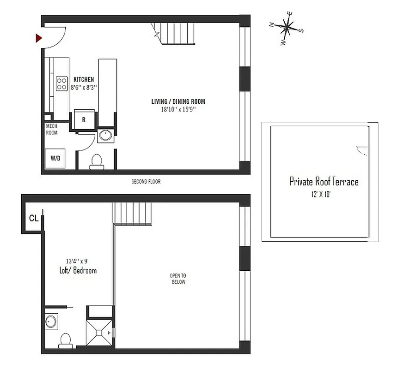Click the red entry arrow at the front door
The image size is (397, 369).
click(39, 38)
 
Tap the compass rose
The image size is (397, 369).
click(287, 28)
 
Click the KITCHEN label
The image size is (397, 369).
click(83, 79)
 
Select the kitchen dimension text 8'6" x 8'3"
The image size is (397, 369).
click(83, 87)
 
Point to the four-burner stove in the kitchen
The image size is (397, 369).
click(62, 83)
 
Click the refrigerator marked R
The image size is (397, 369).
click(84, 119)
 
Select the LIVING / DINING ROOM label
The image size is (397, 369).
click(178, 101)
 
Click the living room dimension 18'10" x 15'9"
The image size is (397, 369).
click(178, 109)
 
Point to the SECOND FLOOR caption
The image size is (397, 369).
click(146, 182)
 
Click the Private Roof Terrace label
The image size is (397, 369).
click(324, 181)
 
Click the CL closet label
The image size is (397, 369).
click(33, 218)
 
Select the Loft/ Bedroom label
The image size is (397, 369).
click(78, 271)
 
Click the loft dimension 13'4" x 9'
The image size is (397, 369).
click(78, 261)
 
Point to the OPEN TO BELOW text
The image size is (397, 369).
click(178, 279)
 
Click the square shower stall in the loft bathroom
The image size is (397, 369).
click(100, 332)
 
